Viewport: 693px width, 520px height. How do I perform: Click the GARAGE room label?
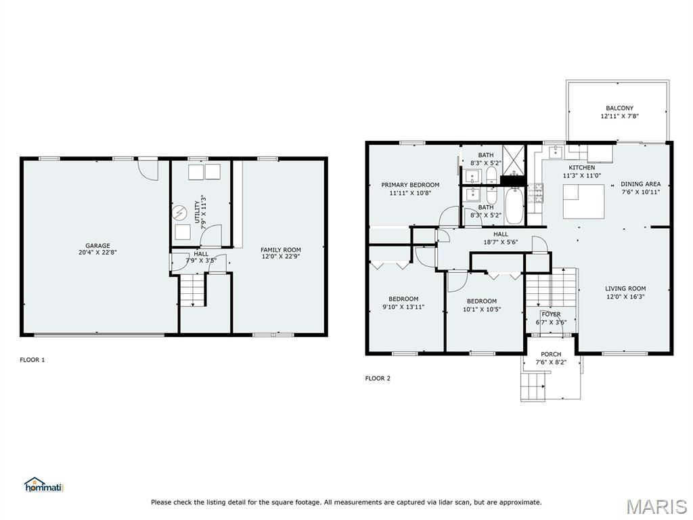click(x=97, y=245)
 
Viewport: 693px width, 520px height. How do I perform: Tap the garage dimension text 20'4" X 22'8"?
click(x=97, y=253)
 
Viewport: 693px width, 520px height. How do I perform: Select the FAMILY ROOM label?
click(x=281, y=250)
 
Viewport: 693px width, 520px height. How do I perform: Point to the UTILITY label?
click(x=197, y=212)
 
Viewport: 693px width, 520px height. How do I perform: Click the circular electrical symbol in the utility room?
click(x=180, y=213)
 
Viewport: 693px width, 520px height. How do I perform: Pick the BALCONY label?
click(x=620, y=108)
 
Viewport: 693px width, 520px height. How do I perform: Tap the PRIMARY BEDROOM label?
click(x=410, y=185)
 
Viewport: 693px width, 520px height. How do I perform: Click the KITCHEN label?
click(x=581, y=168)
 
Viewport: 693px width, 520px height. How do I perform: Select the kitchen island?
click(x=583, y=201)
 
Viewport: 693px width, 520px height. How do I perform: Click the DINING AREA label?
click(x=641, y=184)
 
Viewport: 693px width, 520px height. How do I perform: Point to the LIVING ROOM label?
click(x=625, y=288)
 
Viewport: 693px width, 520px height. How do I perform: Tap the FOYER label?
click(x=551, y=314)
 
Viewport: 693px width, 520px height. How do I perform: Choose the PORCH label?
click(x=551, y=354)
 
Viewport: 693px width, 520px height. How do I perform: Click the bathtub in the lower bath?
click(x=514, y=206)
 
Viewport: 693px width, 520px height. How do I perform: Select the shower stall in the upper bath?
click(x=514, y=160)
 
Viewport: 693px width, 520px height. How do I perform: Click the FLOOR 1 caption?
click(x=32, y=360)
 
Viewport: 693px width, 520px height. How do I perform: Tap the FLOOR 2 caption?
click(x=378, y=378)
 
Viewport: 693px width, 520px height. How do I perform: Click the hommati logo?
click(x=44, y=485)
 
